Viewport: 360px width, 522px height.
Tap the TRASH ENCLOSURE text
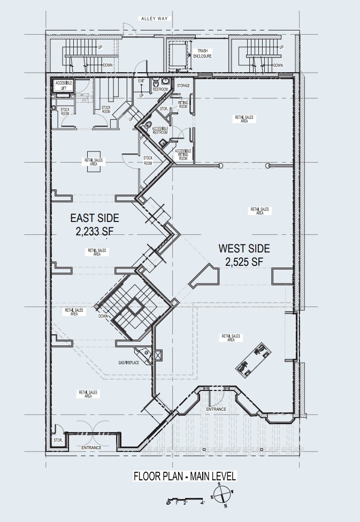(206, 53)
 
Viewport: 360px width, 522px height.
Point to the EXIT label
(142, 81)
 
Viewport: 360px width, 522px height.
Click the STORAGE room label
(183, 86)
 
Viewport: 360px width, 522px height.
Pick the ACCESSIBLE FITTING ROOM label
(183, 155)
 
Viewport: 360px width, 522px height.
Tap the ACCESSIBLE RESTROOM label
(160, 130)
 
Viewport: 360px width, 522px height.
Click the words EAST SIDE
(95, 218)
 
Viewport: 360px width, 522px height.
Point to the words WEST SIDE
(244, 249)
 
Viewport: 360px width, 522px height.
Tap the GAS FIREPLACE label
(129, 363)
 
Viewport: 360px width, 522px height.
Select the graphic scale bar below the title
(186, 502)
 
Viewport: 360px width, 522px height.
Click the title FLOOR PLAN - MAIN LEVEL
(185, 476)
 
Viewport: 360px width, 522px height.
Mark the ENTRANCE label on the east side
(91, 447)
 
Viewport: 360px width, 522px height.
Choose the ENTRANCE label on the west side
(216, 409)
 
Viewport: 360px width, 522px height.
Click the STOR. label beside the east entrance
(58, 440)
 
